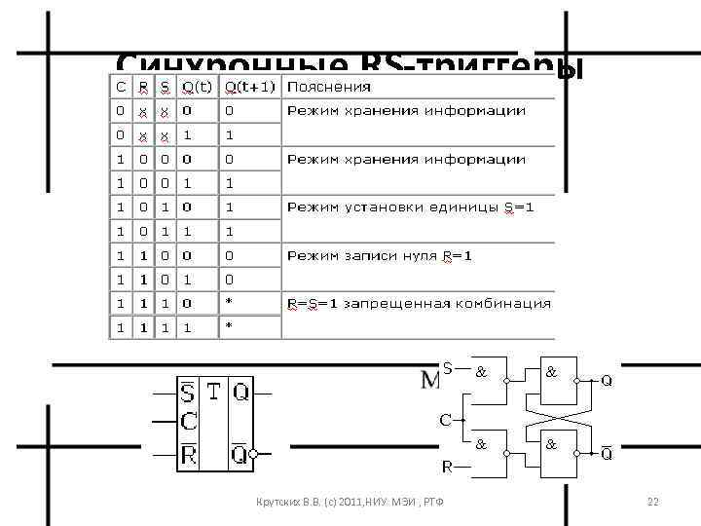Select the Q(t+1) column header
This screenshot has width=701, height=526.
tap(249, 87)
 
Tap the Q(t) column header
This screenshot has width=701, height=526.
tap(198, 87)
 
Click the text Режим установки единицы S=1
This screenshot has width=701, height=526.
tap(409, 207)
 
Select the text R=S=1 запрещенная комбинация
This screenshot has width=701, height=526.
tap(419, 303)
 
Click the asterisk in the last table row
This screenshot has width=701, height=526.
tap(230, 326)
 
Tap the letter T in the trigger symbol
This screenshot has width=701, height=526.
tap(213, 393)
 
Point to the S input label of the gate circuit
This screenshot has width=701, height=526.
tap(447, 367)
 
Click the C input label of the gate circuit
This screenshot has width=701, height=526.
tap(444, 421)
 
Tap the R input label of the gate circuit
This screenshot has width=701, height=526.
tap(447, 467)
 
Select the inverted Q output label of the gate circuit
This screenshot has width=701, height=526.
tap(606, 453)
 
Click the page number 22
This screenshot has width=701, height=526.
tap(653, 502)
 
